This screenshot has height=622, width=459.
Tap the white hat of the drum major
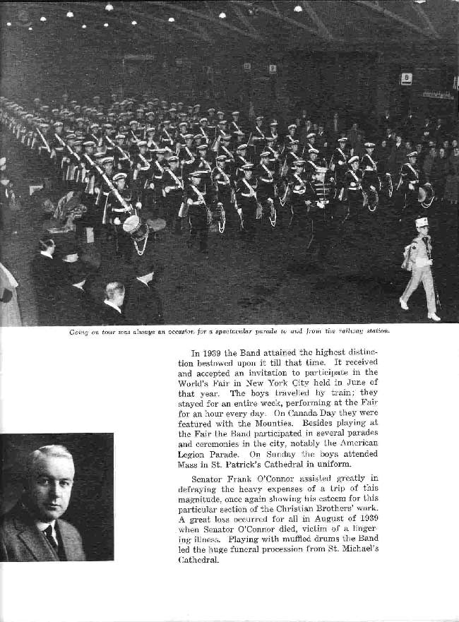point(422,222)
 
